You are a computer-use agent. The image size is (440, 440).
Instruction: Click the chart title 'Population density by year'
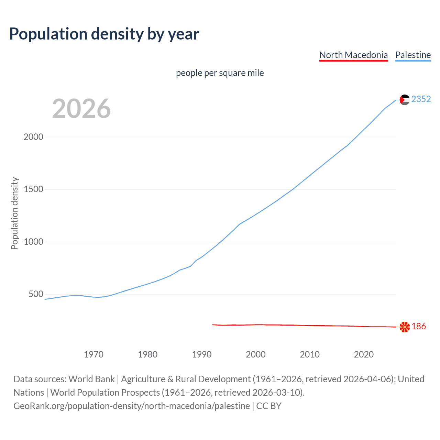tap(104, 34)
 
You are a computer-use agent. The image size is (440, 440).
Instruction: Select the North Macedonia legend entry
tap(353, 55)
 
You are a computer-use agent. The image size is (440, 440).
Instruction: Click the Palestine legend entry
tap(413, 55)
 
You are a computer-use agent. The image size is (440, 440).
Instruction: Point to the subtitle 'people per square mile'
tap(220, 73)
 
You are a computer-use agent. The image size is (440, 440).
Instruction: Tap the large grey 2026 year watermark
tap(81, 109)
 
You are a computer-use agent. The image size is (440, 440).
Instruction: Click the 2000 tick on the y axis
tap(33, 137)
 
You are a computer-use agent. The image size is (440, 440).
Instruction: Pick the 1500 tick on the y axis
tap(33, 189)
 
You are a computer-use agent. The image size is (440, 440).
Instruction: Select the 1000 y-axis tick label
tap(33, 242)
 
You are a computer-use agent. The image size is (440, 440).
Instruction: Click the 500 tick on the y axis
tap(36, 294)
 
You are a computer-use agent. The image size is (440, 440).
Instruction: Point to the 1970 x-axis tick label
tap(93, 354)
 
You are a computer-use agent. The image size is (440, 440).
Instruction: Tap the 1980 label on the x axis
tap(147, 354)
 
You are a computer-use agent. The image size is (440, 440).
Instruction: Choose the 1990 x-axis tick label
tap(202, 354)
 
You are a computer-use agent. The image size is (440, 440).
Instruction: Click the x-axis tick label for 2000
tap(256, 354)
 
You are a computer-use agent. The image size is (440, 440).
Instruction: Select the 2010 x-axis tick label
tap(310, 354)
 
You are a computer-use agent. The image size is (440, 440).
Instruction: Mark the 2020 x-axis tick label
tap(364, 354)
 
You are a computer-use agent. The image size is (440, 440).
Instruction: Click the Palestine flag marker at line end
tap(405, 100)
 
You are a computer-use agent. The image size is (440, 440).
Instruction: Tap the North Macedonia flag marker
tap(405, 327)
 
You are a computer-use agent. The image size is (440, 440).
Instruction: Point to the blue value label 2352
tap(421, 99)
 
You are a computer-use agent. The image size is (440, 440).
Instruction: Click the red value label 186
tap(418, 327)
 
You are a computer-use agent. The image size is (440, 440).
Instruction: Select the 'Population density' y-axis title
tap(14, 213)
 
